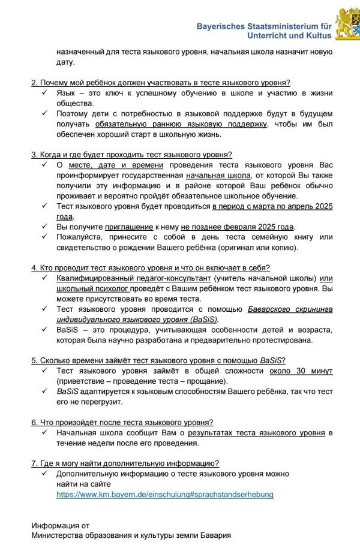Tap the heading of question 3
coord(131,154)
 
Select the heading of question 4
coord(151,267)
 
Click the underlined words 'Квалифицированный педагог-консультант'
coord(133,278)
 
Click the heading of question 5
coord(158,360)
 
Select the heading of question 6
coord(122,421)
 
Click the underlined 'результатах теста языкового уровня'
coord(256,432)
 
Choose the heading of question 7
coord(125,463)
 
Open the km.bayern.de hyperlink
coord(165,494)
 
